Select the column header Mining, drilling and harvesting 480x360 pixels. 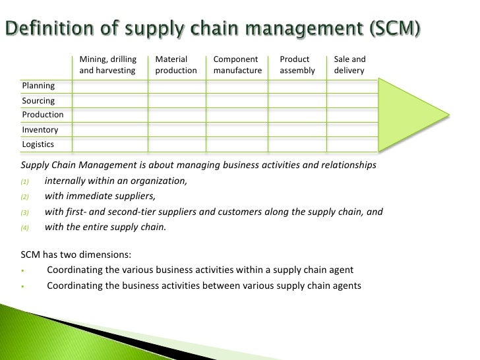point(107,65)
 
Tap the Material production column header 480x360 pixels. point(175,65)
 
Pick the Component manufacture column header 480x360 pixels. point(237,65)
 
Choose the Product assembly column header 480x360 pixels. point(297,65)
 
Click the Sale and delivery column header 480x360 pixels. point(349,65)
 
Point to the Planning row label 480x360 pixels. point(39,86)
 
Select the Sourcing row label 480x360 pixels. point(39,101)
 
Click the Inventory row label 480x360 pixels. point(40,130)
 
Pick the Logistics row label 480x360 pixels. point(38,144)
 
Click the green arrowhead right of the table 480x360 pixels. point(412,116)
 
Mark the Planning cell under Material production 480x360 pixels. point(177,86)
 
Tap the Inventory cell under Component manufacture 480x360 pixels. point(237,130)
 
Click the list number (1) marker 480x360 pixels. point(25,181)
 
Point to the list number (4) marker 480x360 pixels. point(25,228)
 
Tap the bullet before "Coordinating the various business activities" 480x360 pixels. point(23,270)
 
